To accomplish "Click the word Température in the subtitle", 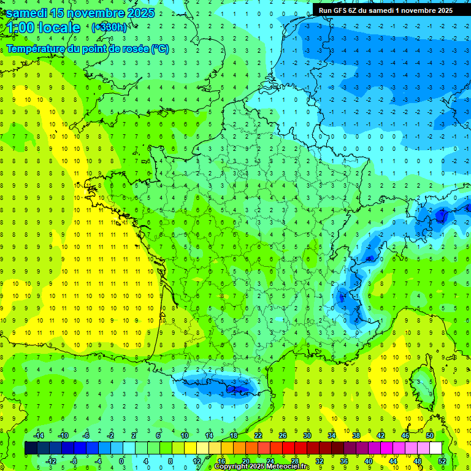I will point(34,48).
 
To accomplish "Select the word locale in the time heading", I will point(59,28).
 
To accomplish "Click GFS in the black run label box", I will point(342,10).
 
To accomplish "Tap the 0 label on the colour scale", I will point(121,461).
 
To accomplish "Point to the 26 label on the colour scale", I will point(283,435).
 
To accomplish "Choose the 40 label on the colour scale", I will point(369,461).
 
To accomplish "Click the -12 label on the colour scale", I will point(51,461).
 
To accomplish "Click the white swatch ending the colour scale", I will point(435,448).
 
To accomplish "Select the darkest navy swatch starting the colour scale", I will point(31,448).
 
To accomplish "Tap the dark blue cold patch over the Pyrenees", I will point(236,387).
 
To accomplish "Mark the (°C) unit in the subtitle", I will point(160,48).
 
